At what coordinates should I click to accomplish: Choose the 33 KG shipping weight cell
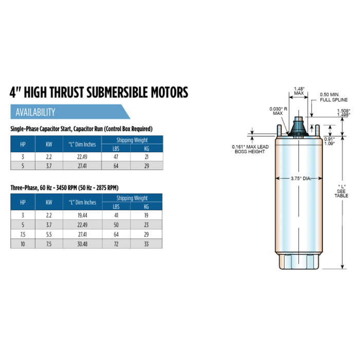[146, 244]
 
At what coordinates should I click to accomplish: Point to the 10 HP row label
[22, 244]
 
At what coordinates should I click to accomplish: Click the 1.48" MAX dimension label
[299, 91]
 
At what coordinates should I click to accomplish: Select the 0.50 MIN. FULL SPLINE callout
[334, 97]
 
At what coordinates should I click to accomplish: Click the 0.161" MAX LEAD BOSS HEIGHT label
[248, 149]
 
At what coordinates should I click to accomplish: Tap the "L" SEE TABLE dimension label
[342, 191]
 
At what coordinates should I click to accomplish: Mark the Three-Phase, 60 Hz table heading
[67, 188]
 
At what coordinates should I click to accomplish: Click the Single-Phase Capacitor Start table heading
[81, 128]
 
